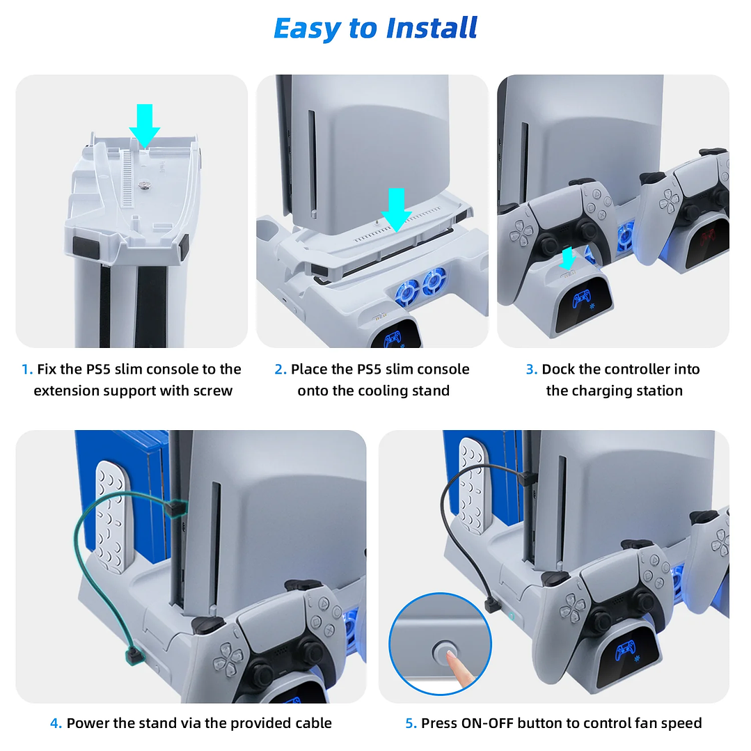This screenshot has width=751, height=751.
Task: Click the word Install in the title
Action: (x=432, y=29)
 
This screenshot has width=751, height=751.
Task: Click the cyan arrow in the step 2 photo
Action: (x=396, y=208)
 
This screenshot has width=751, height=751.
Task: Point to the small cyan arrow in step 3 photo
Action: (x=568, y=258)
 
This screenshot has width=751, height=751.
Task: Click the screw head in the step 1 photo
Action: (x=145, y=186)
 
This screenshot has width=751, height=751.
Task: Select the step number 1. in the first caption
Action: (x=27, y=370)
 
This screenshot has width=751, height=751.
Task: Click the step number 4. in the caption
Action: (x=56, y=723)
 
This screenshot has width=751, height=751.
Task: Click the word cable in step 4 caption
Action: (x=310, y=723)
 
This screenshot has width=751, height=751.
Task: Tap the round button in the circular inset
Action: (x=442, y=651)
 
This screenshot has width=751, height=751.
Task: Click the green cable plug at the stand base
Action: (x=131, y=654)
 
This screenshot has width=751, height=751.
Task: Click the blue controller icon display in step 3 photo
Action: (x=580, y=300)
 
